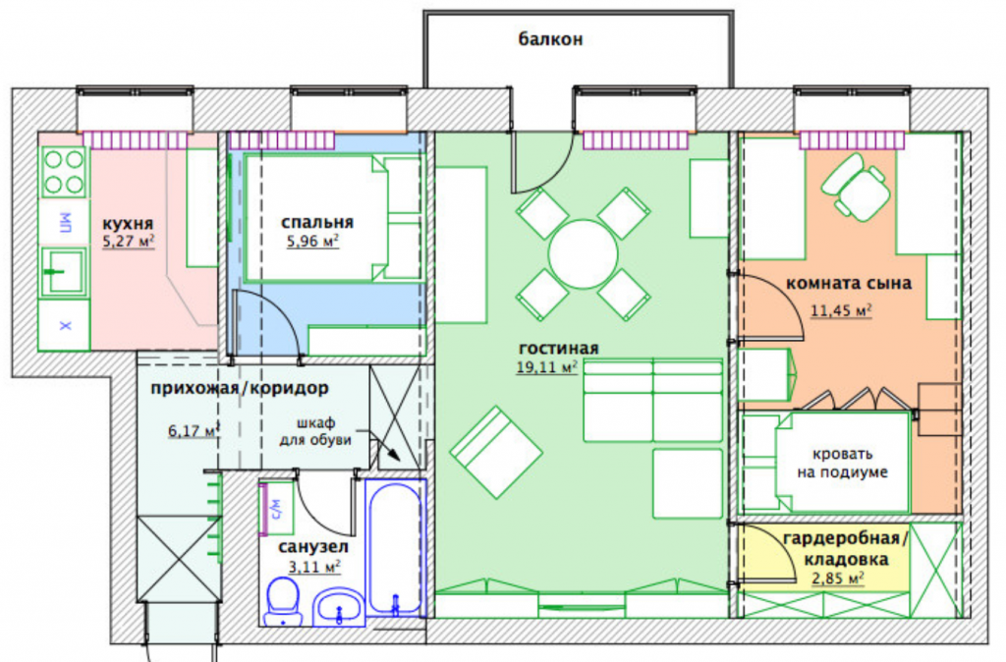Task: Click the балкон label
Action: tap(550, 39)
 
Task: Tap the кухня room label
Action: tap(128, 224)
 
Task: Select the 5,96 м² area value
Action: tap(312, 242)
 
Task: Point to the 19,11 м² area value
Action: tap(546, 367)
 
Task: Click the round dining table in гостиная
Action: tap(583, 254)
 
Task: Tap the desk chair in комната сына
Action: tap(856, 187)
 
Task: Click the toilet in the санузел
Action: tap(283, 601)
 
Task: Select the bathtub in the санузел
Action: tap(395, 549)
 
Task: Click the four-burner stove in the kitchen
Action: tap(64, 172)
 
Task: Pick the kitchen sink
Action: tap(64, 272)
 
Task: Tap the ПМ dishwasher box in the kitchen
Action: tap(65, 223)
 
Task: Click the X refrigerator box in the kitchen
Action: tap(65, 326)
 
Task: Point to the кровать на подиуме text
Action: tap(842, 464)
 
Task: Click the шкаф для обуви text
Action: tap(315, 432)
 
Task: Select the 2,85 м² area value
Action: tap(838, 579)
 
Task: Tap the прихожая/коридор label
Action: tap(240, 388)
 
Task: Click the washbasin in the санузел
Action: tap(339, 607)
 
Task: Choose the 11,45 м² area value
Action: tap(841, 311)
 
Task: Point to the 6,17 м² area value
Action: tap(194, 430)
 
